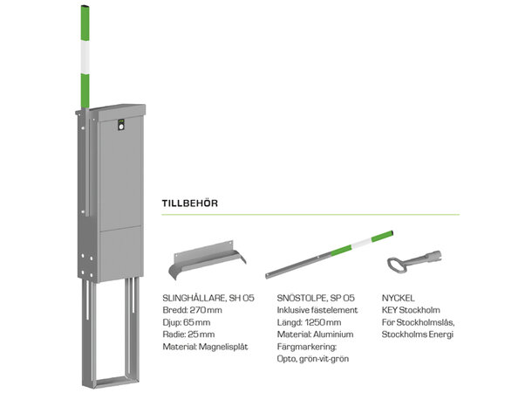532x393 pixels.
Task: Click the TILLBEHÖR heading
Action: point(190,203)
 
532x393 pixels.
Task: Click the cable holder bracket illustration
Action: point(207,259)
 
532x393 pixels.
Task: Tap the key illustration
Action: point(414,261)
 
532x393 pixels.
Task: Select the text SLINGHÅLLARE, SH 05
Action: point(208,298)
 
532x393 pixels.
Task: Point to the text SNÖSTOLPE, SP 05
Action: point(316,298)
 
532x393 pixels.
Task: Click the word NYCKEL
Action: point(398,298)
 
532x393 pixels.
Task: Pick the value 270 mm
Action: point(206,310)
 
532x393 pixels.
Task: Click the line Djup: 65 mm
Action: point(187,322)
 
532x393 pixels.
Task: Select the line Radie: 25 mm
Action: point(188,334)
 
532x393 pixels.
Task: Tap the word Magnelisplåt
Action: point(223,347)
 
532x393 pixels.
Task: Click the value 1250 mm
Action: point(323,322)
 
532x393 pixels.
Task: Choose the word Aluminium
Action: point(333,334)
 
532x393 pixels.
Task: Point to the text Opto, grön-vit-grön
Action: point(313,359)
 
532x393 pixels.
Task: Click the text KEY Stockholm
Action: point(411,310)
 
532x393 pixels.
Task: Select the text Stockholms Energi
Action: point(418,334)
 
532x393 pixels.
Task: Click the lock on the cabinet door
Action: point(121,127)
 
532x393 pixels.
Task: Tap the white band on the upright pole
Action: point(85,57)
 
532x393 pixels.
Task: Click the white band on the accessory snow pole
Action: point(361,243)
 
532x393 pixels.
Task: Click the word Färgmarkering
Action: point(307,347)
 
